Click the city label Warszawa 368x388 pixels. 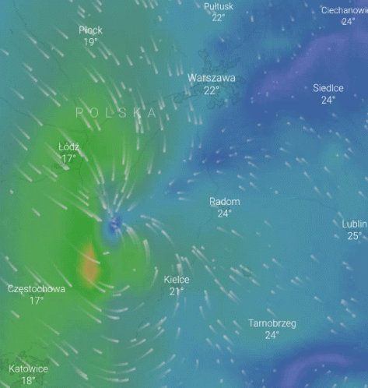click(x=211, y=79)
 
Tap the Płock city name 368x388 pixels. click(x=90, y=30)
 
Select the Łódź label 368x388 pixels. click(x=69, y=147)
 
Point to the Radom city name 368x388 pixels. click(x=224, y=202)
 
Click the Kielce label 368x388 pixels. click(x=177, y=280)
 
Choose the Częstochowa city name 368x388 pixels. click(x=37, y=289)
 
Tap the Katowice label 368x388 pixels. click(x=29, y=369)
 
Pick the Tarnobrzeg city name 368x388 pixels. click(x=272, y=323)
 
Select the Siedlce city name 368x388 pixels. click(x=328, y=88)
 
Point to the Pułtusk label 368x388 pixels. click(x=219, y=6)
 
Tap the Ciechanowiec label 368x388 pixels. click(x=345, y=10)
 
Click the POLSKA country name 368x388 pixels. click(x=116, y=113)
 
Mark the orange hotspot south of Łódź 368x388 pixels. click(x=90, y=269)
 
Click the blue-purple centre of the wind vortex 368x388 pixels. click(x=115, y=225)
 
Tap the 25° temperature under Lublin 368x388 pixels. click(x=354, y=236)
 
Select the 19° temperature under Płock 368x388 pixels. click(x=90, y=42)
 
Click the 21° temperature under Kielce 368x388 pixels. click(x=177, y=292)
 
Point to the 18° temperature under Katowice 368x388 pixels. click(x=29, y=381)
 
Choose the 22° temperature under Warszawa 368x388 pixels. click(x=211, y=90)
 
